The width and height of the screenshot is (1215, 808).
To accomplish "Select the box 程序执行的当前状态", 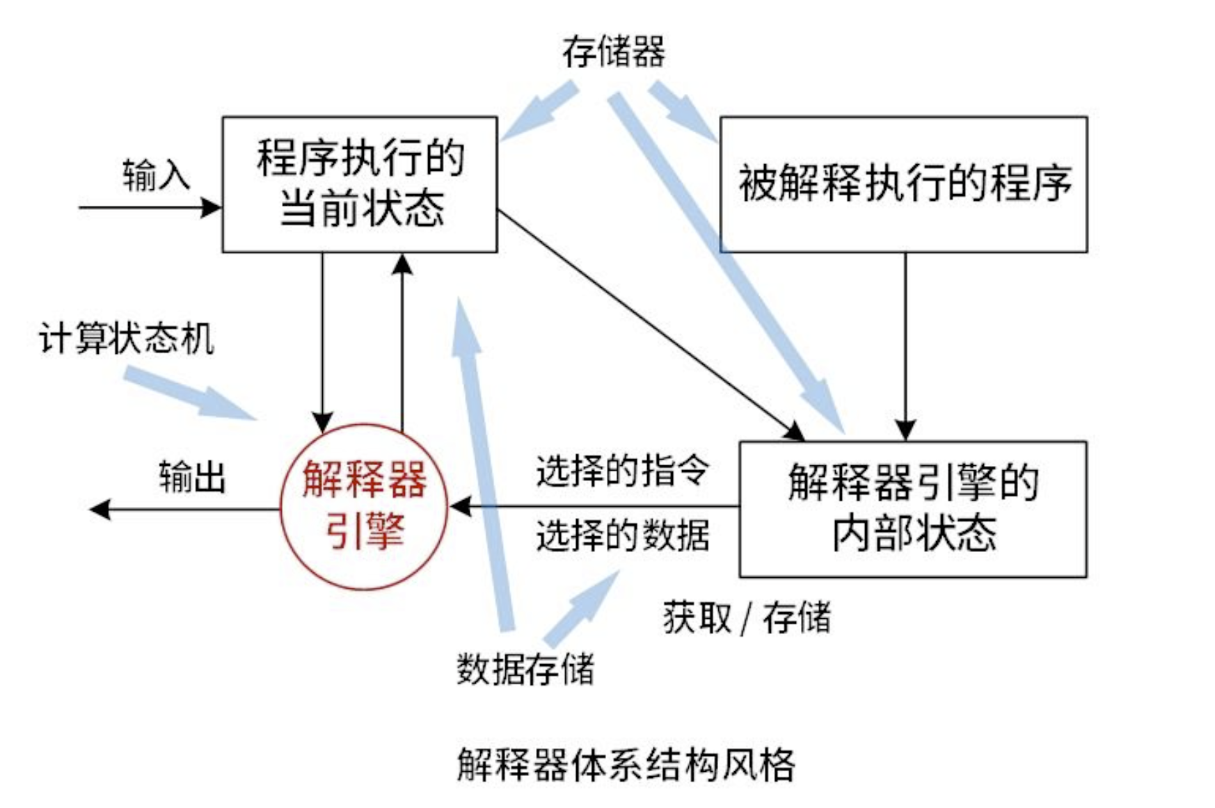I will [x=359, y=184].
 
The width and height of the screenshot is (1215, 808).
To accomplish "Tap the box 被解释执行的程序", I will [x=903, y=184].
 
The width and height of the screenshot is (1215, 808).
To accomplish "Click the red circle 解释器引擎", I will [x=364, y=507].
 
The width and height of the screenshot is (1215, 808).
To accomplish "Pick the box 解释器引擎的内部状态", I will [x=912, y=508].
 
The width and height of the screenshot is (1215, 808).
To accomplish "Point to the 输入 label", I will [x=156, y=175].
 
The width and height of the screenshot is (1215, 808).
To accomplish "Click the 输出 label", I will [x=192, y=478].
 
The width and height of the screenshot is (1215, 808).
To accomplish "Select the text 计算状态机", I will [x=126, y=339].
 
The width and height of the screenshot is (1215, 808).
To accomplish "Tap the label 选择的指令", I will [x=622, y=471].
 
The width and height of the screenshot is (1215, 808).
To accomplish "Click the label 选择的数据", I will [x=622, y=535].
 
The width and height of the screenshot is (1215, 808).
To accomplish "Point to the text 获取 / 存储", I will [x=747, y=617].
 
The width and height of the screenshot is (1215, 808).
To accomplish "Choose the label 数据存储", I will [x=525, y=669].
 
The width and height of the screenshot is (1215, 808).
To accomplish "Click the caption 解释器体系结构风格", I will [x=626, y=765].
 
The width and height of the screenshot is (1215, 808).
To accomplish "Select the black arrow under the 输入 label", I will [x=149, y=207].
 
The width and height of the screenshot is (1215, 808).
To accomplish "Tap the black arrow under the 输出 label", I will [x=184, y=510].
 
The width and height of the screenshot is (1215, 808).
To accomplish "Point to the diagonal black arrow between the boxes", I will [x=650, y=324].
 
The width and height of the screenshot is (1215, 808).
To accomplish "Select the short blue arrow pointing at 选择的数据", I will [x=581, y=608].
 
